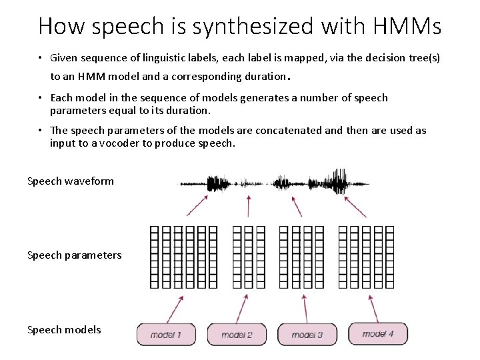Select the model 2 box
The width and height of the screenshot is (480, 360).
pyautogui.click(x=237, y=335)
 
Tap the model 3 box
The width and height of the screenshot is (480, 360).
pyautogui.click(x=307, y=335)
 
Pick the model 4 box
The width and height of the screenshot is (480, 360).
pyautogui.click(x=377, y=333)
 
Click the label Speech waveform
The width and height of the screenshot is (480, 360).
pyautogui.click(x=71, y=181)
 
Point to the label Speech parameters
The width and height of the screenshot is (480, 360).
pyautogui.click(x=75, y=255)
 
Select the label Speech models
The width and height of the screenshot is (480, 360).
pyautogui.click(x=64, y=330)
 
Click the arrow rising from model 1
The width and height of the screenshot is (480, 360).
pyautogui.click(x=175, y=309)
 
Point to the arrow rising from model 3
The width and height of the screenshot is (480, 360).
pyautogui.click(x=305, y=309)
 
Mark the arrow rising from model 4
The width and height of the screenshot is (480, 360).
pyautogui.click(x=373, y=309)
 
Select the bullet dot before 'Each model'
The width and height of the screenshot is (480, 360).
pyautogui.click(x=41, y=98)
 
